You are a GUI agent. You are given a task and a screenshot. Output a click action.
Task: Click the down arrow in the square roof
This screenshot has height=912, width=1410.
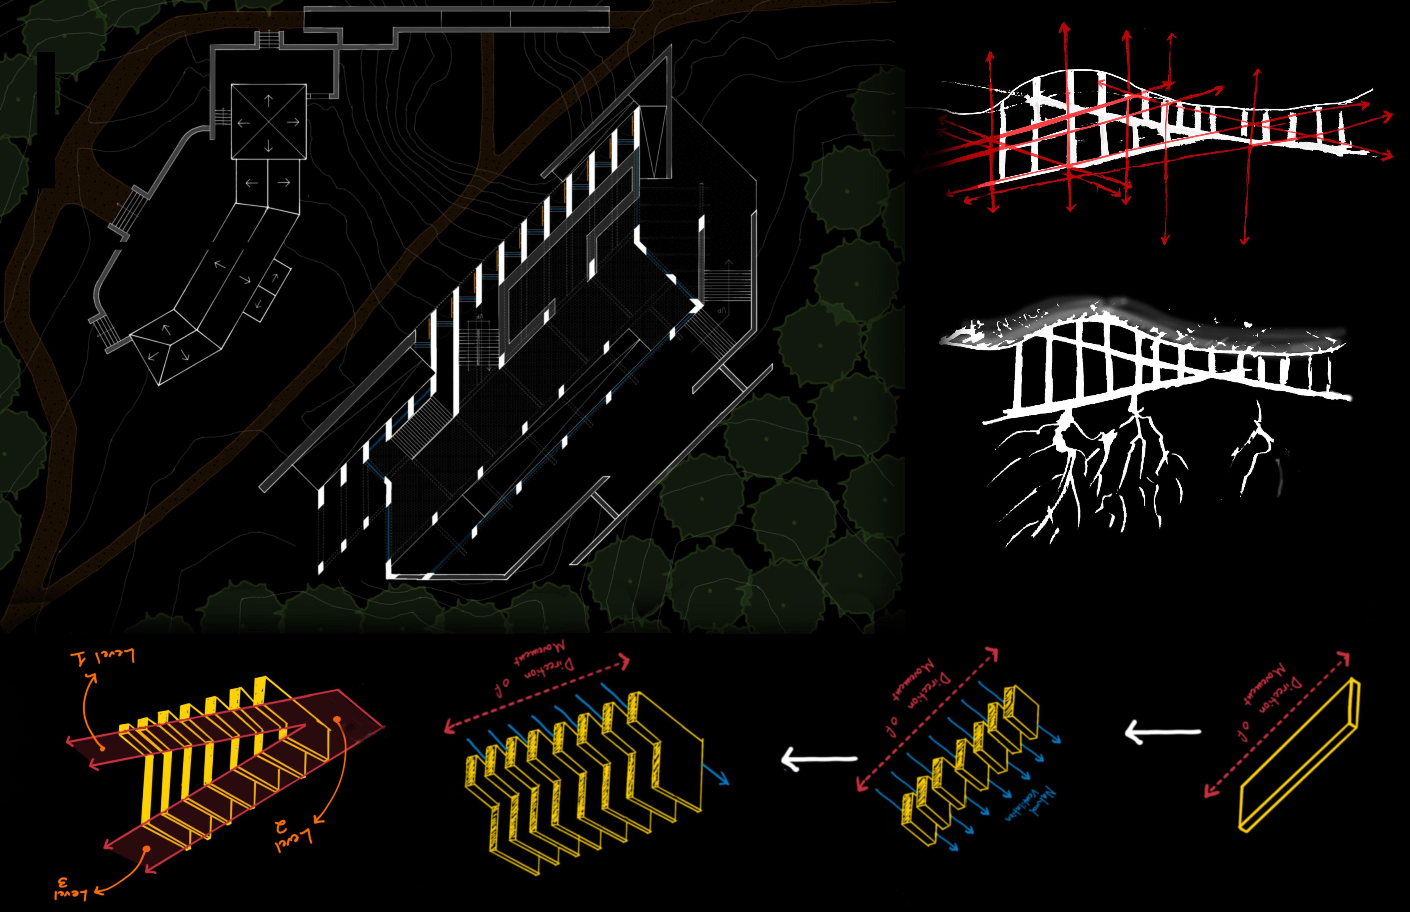point(268,145)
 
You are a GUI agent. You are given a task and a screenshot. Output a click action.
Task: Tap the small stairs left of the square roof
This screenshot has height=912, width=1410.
point(221,117)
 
